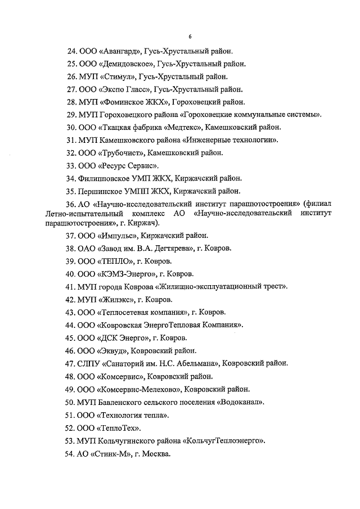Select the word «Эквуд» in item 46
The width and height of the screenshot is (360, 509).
tap(113, 350)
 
